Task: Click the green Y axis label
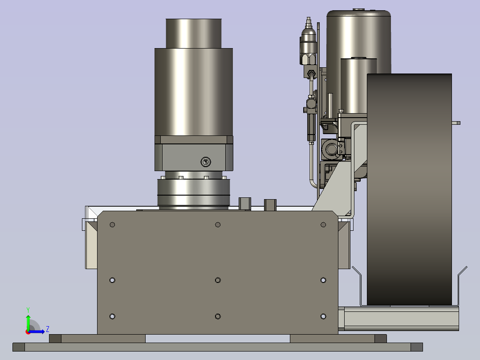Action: coord(28,310)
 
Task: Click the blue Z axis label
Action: coord(48,329)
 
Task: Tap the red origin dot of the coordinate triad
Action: coord(28,332)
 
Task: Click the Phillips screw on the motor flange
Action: coord(206,162)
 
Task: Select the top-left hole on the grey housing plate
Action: coord(112,225)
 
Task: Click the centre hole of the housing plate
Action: coord(218,280)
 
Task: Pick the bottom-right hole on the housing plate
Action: coord(323,316)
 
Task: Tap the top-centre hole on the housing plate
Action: coord(218,225)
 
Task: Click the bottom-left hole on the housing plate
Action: coord(112,316)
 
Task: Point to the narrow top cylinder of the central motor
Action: coord(193,33)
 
